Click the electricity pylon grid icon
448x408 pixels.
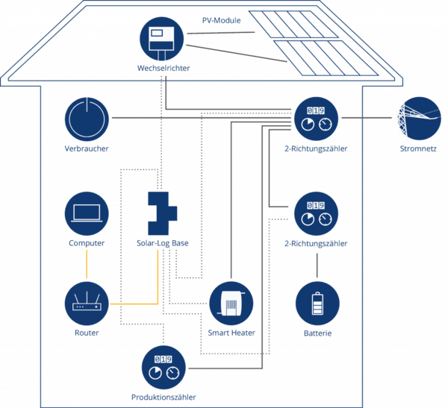[x=417, y=118]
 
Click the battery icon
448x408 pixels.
[x=317, y=303]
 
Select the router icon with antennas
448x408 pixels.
[x=87, y=303]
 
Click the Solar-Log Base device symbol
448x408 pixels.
[x=161, y=212]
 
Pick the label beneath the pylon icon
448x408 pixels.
[x=417, y=149]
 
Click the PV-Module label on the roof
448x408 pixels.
[x=222, y=21]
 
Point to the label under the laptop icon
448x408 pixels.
[x=87, y=243]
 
